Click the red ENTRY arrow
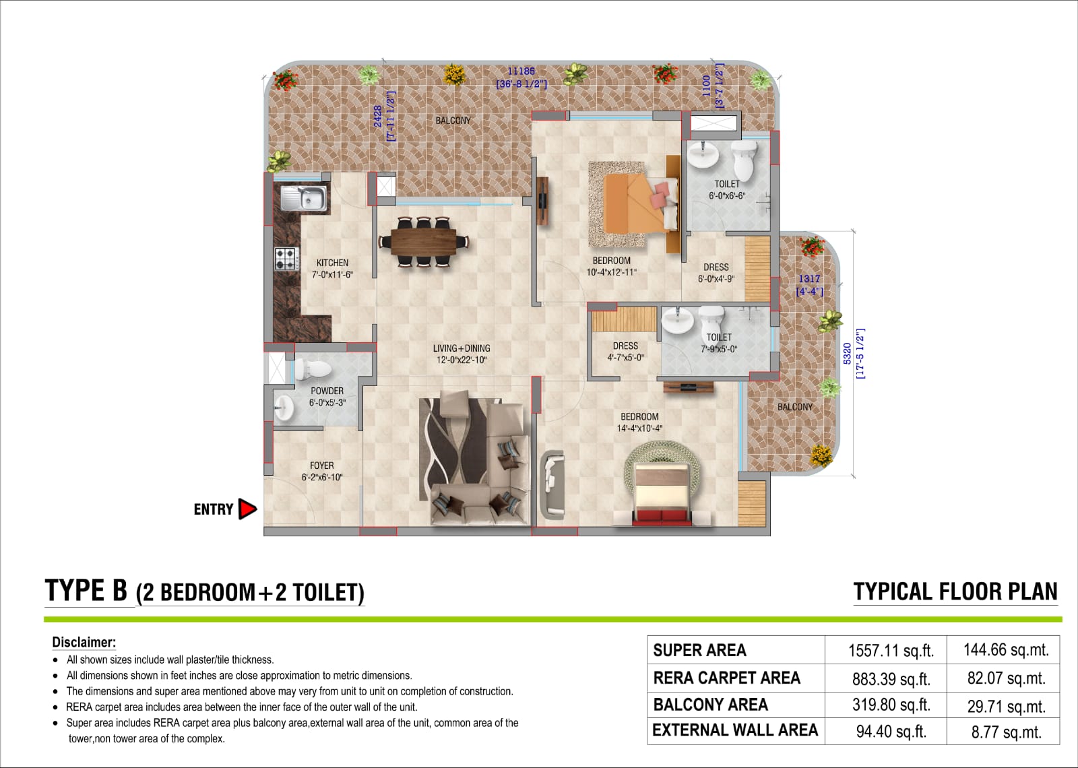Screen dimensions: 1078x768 (x=247, y=509)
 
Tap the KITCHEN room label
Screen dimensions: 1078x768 (x=333, y=263)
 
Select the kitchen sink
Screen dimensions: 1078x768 (x=304, y=198)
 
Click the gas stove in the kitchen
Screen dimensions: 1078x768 (x=286, y=259)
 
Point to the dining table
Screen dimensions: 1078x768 (x=424, y=242)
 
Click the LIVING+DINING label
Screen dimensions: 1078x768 (x=462, y=348)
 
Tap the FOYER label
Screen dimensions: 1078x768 (x=322, y=466)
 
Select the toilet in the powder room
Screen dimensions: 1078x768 (x=313, y=369)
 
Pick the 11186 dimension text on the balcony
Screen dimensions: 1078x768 (x=521, y=71)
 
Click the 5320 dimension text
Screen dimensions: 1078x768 (x=848, y=353)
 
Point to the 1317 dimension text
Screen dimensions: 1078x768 (x=809, y=279)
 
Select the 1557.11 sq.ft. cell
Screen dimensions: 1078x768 (x=891, y=651)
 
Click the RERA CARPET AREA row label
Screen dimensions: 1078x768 (x=727, y=678)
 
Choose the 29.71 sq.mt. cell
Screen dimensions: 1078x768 (x=1007, y=707)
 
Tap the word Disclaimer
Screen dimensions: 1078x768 (x=84, y=643)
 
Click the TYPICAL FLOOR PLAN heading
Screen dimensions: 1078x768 (x=955, y=591)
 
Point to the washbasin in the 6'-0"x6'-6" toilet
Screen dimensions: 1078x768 (x=703, y=155)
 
